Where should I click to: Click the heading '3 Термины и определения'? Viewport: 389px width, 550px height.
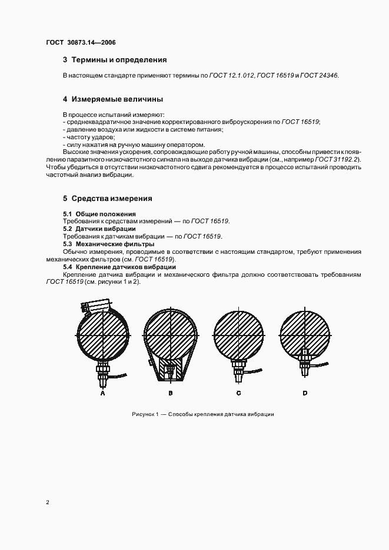point(115,60)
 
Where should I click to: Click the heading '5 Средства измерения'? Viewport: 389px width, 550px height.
point(108,198)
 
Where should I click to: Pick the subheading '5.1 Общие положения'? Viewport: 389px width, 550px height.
point(99,213)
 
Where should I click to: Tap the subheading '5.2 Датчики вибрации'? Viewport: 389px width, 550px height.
point(99,229)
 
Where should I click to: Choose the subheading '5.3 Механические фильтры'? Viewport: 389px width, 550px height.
point(108,244)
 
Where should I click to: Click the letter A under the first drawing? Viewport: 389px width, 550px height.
point(102,393)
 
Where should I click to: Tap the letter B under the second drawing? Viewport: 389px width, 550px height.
point(170,393)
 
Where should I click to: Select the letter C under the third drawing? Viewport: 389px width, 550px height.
point(238,393)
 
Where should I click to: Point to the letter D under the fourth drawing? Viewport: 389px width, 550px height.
point(305,393)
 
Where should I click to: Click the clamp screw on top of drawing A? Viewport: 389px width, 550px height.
point(94,306)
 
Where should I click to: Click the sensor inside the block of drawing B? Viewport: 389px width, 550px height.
point(170,369)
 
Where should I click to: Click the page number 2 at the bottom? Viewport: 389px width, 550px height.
point(48,502)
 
